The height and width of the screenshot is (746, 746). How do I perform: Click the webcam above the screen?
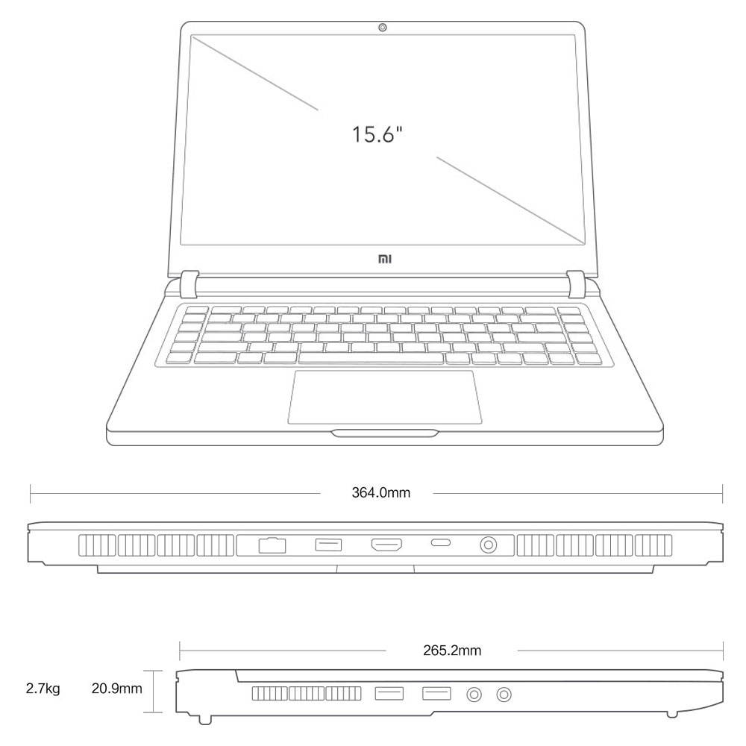click(383, 28)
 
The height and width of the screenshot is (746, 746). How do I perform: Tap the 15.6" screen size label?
click(378, 134)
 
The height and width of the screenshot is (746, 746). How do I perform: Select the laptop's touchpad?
click(384, 396)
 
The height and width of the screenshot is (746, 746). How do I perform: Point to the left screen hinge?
click(189, 283)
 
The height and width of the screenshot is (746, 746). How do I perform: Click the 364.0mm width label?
click(380, 492)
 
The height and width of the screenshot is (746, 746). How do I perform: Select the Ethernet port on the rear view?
click(272, 545)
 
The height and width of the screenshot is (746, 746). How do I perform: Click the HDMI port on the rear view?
click(387, 545)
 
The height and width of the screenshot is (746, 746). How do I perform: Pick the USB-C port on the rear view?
click(441, 545)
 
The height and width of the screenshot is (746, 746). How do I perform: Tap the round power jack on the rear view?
click(489, 545)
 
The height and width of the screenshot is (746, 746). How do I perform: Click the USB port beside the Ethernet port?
click(328, 545)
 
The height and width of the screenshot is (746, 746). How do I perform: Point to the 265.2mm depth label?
click(452, 651)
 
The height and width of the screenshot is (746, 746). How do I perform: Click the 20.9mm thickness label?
click(116, 688)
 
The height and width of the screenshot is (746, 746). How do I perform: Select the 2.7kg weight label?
click(43, 688)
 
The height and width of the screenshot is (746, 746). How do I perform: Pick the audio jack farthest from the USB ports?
click(505, 695)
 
